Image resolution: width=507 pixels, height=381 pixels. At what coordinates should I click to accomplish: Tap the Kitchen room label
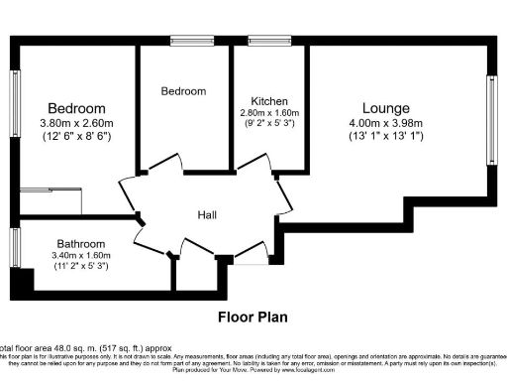[269, 101]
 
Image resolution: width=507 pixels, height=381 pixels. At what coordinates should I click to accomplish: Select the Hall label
[207, 215]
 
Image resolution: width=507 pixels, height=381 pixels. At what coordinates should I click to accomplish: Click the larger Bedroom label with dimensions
[76, 108]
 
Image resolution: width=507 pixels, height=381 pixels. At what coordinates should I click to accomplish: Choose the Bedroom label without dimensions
[183, 91]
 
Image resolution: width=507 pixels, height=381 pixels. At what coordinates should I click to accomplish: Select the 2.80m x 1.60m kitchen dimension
[269, 113]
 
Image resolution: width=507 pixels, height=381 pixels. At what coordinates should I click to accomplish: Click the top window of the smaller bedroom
[185, 41]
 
